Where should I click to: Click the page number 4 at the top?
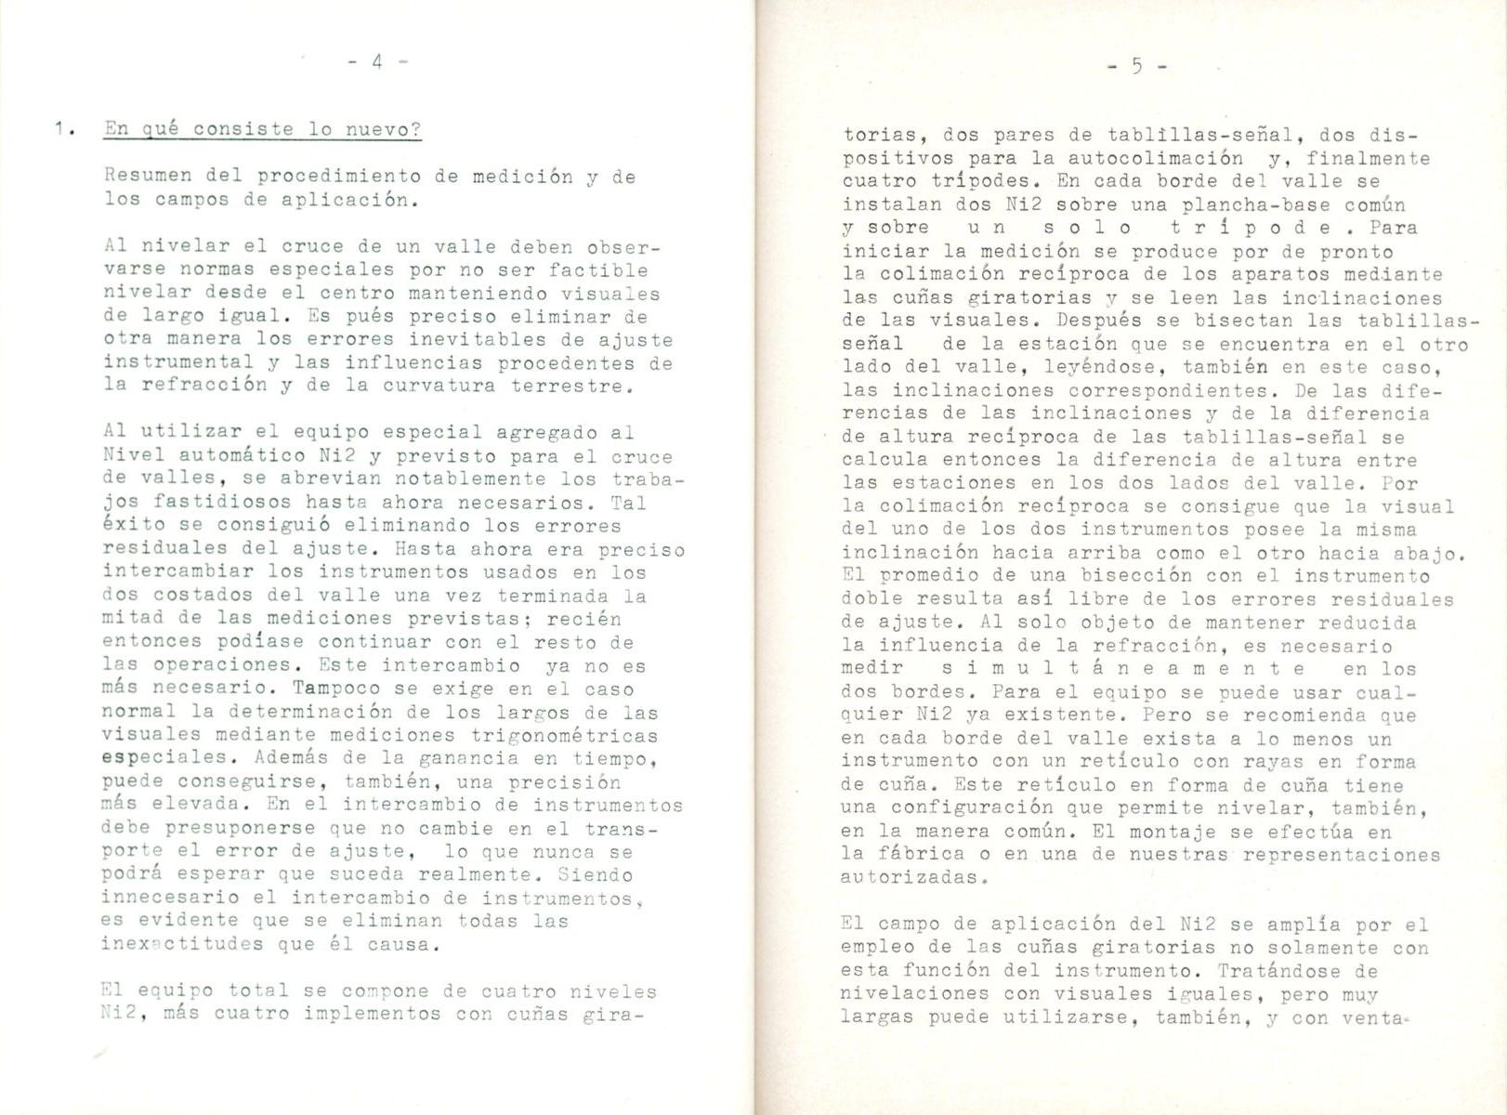[376, 62]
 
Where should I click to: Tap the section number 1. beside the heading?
[62, 130]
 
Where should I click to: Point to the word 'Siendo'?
[596, 875]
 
